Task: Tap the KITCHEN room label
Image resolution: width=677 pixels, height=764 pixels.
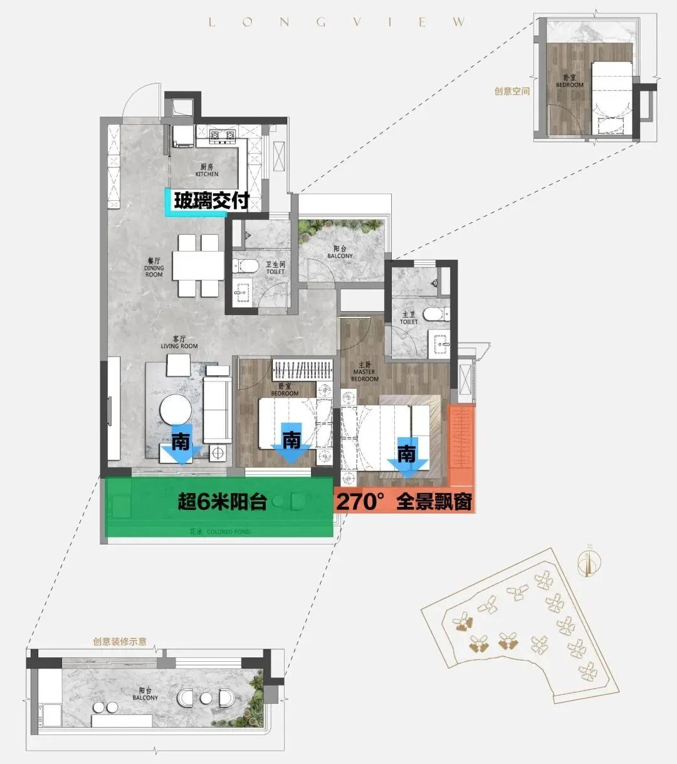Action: click(207, 171)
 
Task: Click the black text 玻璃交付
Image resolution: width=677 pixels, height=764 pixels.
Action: click(212, 201)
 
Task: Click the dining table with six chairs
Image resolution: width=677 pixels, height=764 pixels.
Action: click(198, 265)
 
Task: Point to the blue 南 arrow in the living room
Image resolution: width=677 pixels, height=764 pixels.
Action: click(181, 447)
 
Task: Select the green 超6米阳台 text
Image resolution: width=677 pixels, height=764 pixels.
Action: click(223, 502)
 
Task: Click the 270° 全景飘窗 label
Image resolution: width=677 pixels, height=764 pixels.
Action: click(405, 502)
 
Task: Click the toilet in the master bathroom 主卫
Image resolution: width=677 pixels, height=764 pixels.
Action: click(433, 313)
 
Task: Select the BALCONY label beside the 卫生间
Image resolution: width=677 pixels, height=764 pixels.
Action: click(340, 253)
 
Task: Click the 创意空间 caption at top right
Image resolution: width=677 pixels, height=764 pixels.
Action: click(512, 91)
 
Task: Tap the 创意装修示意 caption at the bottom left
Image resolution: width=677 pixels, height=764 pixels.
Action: click(120, 642)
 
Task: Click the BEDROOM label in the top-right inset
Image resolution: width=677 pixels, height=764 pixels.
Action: click(569, 82)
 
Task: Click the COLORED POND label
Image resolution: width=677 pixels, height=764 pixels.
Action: click(220, 532)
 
